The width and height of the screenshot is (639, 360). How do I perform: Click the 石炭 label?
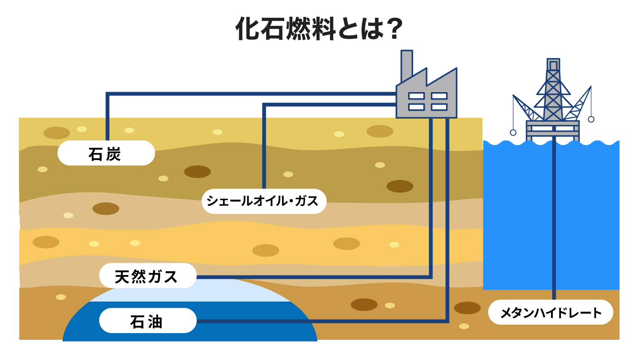(106, 153)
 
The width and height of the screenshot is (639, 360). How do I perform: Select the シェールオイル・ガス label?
(264, 201)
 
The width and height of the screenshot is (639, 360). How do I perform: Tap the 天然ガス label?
(148, 275)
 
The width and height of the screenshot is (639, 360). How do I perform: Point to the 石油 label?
(148, 320)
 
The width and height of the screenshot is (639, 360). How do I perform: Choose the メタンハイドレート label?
(551, 312)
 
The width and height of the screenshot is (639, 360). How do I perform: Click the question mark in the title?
(394, 29)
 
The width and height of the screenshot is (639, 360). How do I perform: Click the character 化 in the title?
(247, 29)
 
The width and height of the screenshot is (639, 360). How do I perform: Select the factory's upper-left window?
(417, 96)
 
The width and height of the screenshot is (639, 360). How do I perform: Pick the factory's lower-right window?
(439, 107)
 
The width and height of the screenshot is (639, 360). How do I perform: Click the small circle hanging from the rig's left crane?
(513, 132)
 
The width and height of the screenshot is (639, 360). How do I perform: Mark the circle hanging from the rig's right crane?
(591, 119)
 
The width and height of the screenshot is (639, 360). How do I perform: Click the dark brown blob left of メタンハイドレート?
(467, 308)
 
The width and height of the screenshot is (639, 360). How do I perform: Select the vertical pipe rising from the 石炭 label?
(108, 116)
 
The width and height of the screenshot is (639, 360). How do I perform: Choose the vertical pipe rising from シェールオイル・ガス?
(264, 146)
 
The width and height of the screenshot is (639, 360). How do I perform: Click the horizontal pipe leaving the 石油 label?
(322, 321)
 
